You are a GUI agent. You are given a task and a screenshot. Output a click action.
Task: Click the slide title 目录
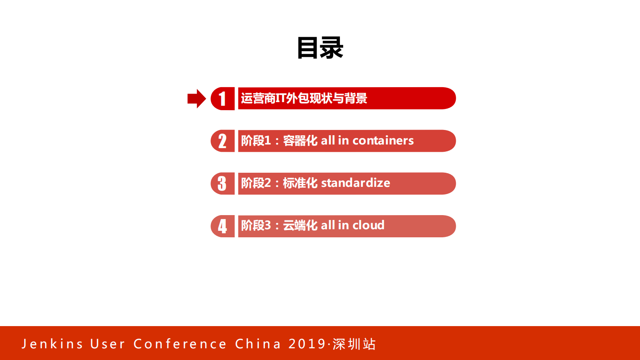(320, 48)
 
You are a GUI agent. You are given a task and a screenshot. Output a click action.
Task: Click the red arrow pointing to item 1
(197, 98)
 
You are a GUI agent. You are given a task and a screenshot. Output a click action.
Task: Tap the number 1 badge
(222, 98)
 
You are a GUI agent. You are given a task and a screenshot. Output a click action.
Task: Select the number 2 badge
(222, 141)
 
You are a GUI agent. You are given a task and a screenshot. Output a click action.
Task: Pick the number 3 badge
(222, 183)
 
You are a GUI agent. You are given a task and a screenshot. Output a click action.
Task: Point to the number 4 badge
(222, 226)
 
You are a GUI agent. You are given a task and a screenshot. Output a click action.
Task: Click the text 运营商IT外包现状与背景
(304, 98)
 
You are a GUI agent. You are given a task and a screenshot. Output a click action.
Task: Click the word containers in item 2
(383, 140)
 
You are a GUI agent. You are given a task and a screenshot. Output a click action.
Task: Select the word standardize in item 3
(356, 183)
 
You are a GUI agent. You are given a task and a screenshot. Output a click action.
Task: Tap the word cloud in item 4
(368, 225)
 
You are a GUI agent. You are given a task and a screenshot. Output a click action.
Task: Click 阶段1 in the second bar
(256, 140)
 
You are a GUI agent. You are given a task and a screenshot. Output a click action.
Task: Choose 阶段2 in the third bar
(256, 183)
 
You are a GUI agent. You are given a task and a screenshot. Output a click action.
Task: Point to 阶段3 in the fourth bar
(256, 225)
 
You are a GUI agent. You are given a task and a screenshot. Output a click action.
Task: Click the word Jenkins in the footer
(52, 344)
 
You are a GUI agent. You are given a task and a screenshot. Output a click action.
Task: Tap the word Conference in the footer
(180, 344)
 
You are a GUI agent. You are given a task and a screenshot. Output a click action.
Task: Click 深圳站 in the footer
(354, 344)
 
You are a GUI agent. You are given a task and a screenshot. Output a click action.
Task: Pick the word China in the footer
(258, 344)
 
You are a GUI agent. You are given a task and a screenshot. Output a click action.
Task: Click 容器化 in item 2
(300, 140)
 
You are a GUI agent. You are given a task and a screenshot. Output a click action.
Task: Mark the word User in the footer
(108, 344)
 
